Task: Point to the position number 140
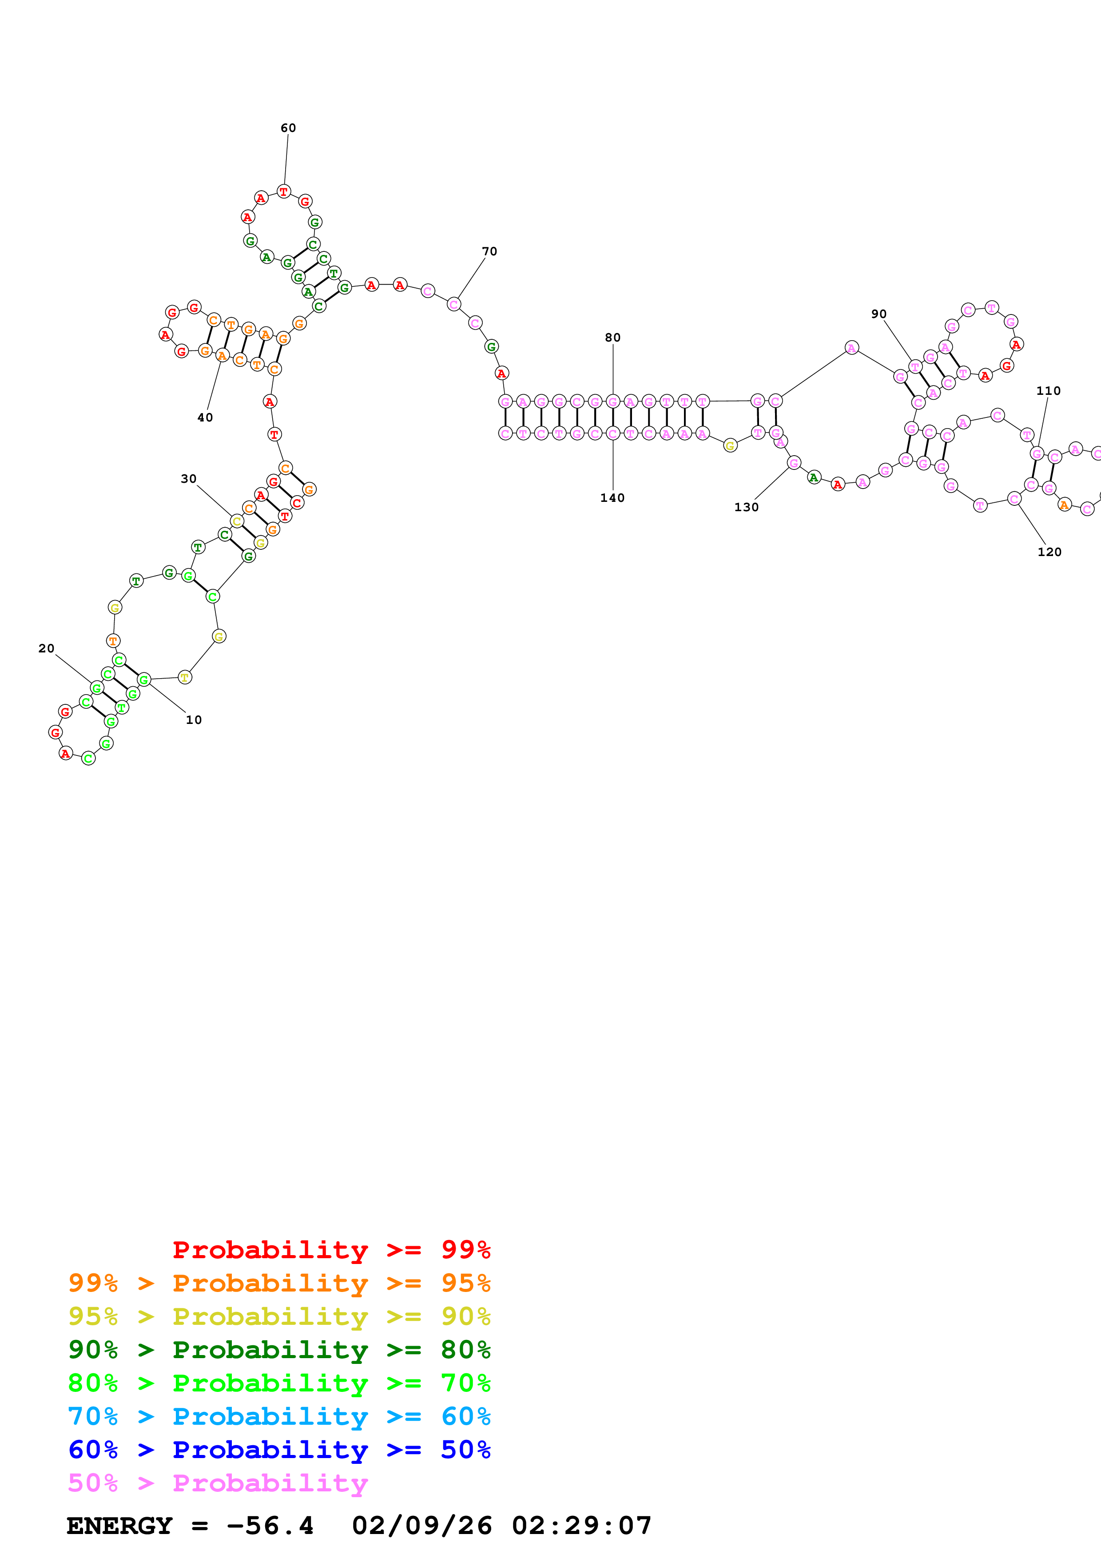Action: pos(612,498)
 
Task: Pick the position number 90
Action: pos(878,314)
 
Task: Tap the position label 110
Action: pos(1048,391)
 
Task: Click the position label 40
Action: pos(205,418)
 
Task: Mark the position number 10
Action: pos(194,720)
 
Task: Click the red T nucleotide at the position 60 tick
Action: pos(283,192)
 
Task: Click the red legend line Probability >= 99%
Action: pos(331,1250)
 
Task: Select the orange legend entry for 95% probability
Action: pos(279,1283)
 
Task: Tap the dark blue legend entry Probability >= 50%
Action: pos(279,1450)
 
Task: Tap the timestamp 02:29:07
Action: pos(581,1526)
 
